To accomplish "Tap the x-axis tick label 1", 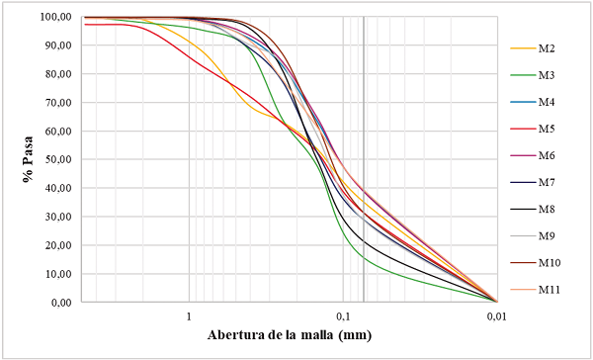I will [189, 315].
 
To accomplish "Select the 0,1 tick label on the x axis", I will [343, 315].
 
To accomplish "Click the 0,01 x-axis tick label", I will [497, 315].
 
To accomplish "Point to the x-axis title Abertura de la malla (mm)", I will [290, 335].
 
